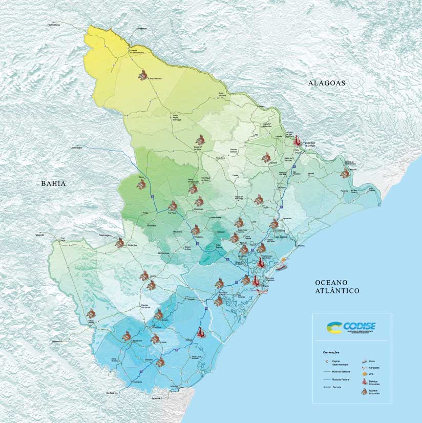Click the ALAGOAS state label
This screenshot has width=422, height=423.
327,83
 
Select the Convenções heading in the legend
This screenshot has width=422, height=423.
331,352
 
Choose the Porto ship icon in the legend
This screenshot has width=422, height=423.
365,361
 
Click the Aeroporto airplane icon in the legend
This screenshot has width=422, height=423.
365,368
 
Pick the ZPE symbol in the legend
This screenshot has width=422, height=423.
365,374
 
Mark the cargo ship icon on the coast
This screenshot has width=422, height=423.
282,266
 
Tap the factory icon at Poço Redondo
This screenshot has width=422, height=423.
143,76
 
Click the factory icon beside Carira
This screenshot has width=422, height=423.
141,185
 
